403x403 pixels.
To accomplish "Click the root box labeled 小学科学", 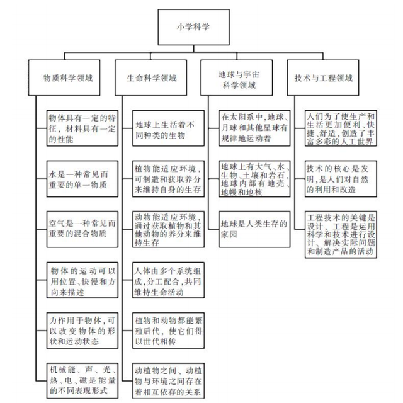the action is coord(193,27).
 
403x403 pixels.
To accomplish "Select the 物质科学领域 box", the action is coord(64,77).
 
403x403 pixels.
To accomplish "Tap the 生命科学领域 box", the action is coord(151,77).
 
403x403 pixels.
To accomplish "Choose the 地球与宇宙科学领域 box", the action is coord(237,77).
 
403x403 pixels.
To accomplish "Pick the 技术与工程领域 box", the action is coord(323,77).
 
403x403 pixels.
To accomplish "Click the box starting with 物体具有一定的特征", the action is coord(82,128).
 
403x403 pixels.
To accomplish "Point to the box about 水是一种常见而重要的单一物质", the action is coord(82,179).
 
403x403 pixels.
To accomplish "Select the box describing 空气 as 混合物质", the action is coord(82,229).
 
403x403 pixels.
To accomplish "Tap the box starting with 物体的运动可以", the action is coord(82,280).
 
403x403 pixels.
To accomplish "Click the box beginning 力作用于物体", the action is coord(82,331).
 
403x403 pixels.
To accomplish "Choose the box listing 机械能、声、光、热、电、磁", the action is coord(82,380).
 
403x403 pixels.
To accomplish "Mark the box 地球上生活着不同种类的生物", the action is coord(168,128).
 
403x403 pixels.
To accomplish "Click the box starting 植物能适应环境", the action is coord(168,179).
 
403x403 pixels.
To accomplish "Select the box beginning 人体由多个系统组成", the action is coord(168,280).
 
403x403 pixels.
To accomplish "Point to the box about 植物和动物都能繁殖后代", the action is coord(168,331).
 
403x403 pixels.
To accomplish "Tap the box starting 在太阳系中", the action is coord(254,128).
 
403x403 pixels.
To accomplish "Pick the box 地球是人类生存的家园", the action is coord(254,229).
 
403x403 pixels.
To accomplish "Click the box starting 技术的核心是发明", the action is coord(341,179).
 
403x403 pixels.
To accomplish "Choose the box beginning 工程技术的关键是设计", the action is coord(341,234).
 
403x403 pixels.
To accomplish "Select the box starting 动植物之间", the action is coord(168,380).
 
